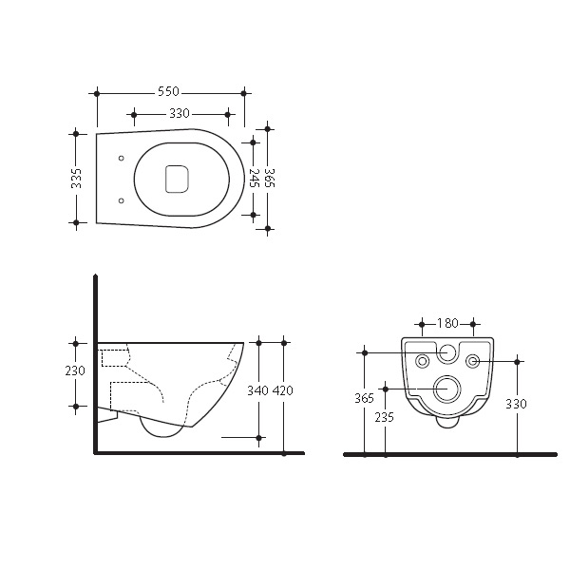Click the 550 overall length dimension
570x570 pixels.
point(168,91)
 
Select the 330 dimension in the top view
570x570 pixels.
point(180,114)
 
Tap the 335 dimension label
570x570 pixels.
point(76,179)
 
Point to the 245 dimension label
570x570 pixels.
point(254,178)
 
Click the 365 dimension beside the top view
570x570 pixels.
point(270,178)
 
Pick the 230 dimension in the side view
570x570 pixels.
point(75,370)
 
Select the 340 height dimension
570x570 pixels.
point(257,390)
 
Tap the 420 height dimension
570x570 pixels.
point(283,390)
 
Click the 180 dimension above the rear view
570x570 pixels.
point(447,323)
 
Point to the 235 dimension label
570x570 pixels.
point(384,417)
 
